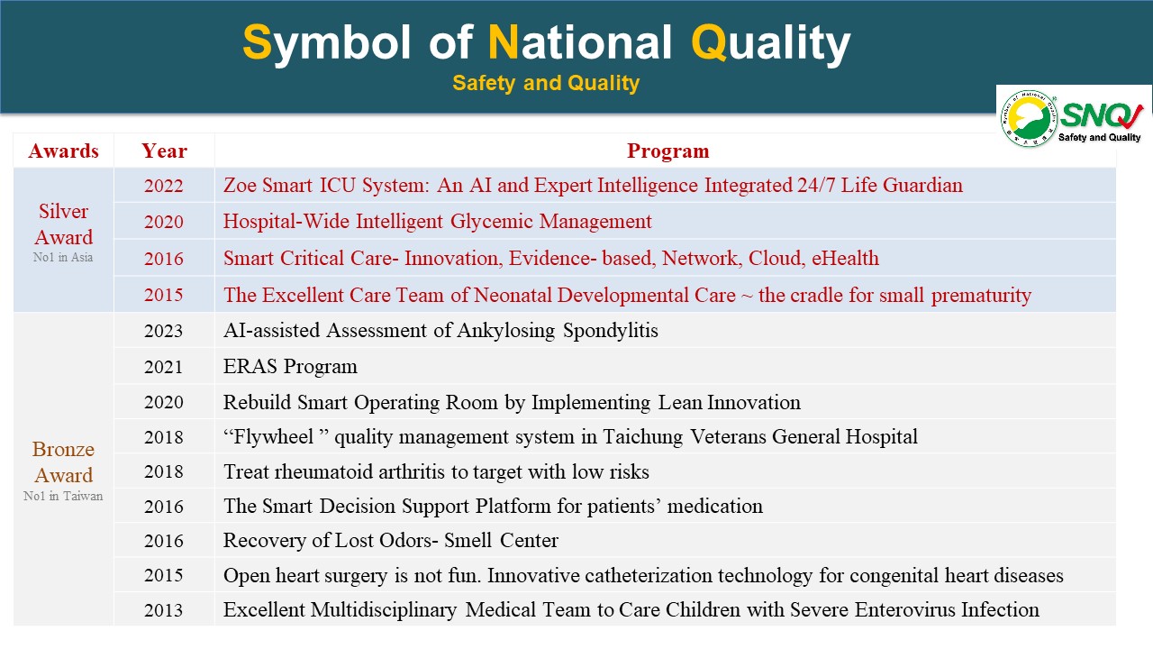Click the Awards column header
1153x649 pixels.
click(x=63, y=151)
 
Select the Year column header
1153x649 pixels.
click(x=164, y=151)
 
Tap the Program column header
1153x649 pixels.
click(x=667, y=151)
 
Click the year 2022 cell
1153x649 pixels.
click(x=164, y=186)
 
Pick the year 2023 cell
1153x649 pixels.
click(x=164, y=331)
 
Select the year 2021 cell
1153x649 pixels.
click(x=164, y=367)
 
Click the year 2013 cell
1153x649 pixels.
click(x=164, y=610)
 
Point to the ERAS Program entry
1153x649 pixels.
click(x=290, y=366)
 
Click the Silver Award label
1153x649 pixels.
click(x=64, y=224)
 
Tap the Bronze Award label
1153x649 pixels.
click(x=63, y=462)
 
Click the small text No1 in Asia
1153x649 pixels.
click(x=63, y=257)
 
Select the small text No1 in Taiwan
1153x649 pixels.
click(x=63, y=496)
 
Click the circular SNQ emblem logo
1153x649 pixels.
click(x=1029, y=118)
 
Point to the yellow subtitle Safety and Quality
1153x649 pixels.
click(x=546, y=83)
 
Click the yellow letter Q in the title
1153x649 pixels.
click(x=709, y=42)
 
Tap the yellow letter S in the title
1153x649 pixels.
click(x=257, y=42)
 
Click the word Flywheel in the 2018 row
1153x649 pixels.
click(x=273, y=437)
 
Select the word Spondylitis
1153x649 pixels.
click(x=611, y=331)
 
